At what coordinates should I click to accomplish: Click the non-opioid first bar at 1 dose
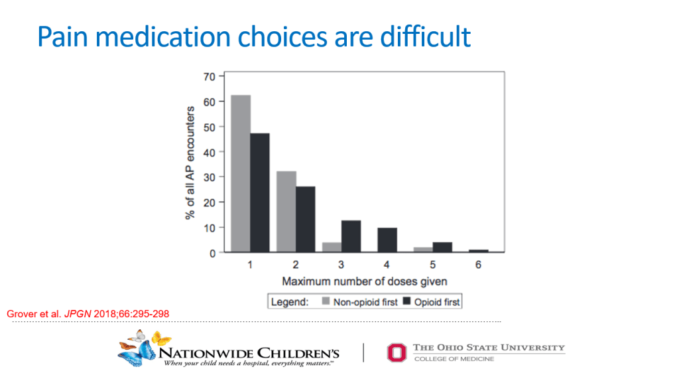coord(241,174)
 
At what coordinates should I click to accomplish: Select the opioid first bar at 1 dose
coord(260,192)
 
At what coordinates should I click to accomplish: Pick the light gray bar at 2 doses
coord(286,212)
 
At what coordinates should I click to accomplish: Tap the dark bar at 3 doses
coord(351,236)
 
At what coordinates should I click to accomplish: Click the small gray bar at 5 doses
coord(423,250)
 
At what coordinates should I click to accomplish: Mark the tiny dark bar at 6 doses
coord(478,251)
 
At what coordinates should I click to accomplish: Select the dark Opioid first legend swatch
coord(408,302)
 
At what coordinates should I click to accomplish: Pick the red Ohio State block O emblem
coord(395,351)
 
